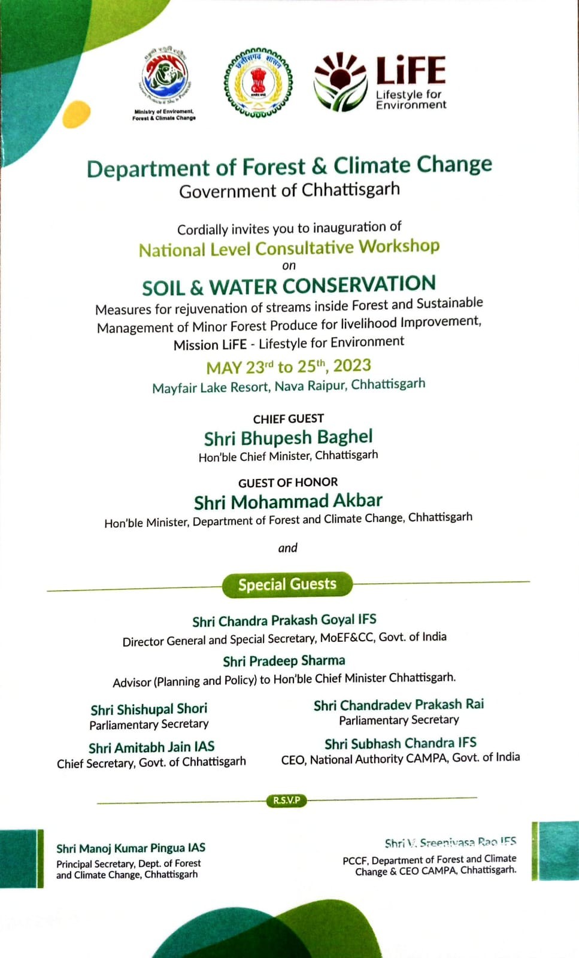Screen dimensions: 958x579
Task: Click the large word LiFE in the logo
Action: click(x=411, y=70)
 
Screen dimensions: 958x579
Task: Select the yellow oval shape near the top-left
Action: click(x=76, y=114)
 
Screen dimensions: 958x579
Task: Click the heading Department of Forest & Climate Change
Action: click(x=289, y=166)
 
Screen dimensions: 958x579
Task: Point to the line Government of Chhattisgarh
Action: click(x=289, y=190)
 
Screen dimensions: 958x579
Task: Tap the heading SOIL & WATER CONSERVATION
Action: click(x=289, y=286)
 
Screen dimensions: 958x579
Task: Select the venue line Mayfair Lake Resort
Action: click(x=289, y=386)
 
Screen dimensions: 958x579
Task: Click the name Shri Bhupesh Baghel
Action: click(x=288, y=438)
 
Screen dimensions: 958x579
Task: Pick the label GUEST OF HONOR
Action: click(x=288, y=483)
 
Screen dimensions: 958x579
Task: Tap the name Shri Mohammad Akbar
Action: click(x=288, y=501)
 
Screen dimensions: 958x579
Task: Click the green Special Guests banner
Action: click(x=287, y=584)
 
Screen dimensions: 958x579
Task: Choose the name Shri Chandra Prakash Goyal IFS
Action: click(x=284, y=620)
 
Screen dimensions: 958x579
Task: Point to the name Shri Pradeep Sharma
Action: click(x=284, y=661)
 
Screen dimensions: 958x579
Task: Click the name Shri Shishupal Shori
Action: click(x=149, y=710)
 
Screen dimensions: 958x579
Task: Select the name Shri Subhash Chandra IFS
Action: click(x=401, y=744)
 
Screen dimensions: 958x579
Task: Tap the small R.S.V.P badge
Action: click(x=287, y=801)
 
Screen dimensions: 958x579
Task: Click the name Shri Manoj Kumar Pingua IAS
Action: click(x=131, y=848)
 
